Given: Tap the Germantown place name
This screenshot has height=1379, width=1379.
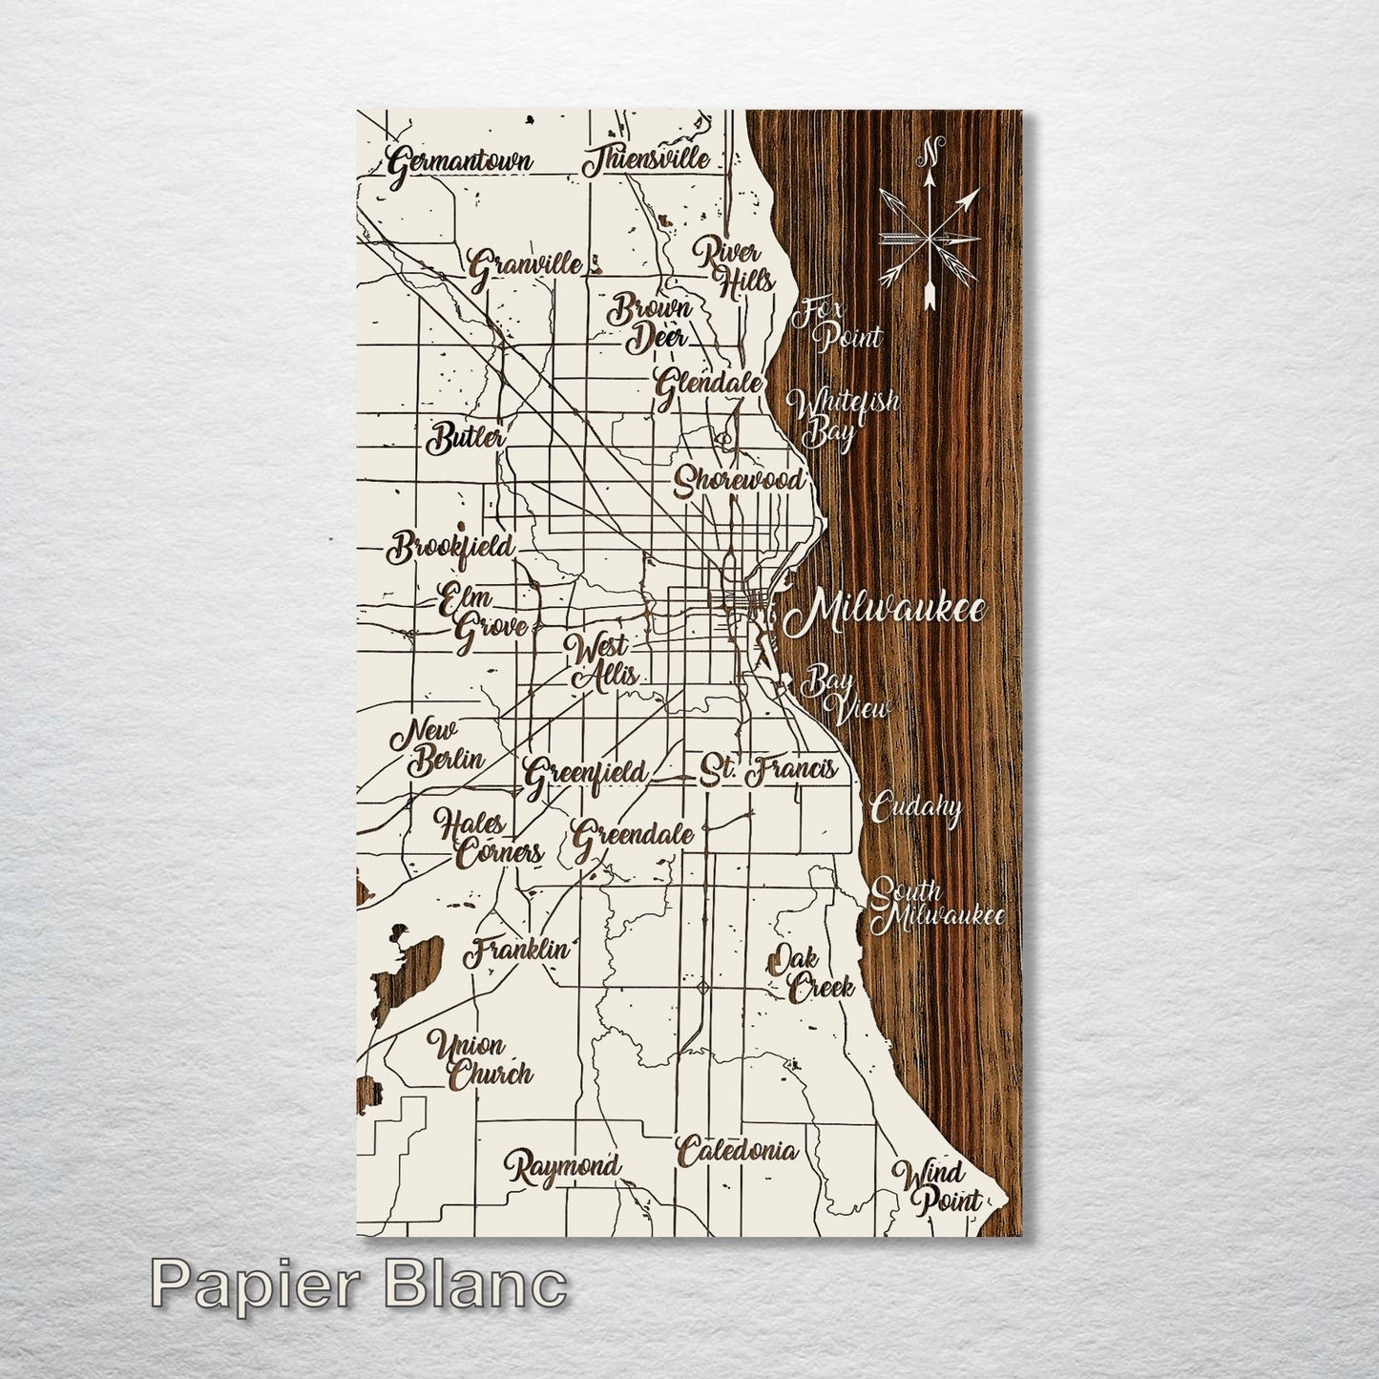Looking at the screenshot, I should coord(460,163).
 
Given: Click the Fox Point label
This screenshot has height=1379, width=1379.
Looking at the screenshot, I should coord(839,324).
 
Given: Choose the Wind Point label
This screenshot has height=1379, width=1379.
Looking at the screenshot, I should coord(937,1185).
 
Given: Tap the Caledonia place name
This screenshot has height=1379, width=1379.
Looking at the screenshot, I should coord(736,1151).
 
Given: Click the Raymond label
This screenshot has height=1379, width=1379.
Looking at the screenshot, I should coord(563,1166).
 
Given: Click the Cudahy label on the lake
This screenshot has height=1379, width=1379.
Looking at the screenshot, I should coord(915,808).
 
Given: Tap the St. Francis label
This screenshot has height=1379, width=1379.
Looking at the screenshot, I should coord(767,769).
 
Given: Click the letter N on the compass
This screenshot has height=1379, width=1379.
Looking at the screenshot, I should coord(932,150).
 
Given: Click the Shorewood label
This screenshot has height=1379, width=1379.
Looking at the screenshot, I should coord(738,479).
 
